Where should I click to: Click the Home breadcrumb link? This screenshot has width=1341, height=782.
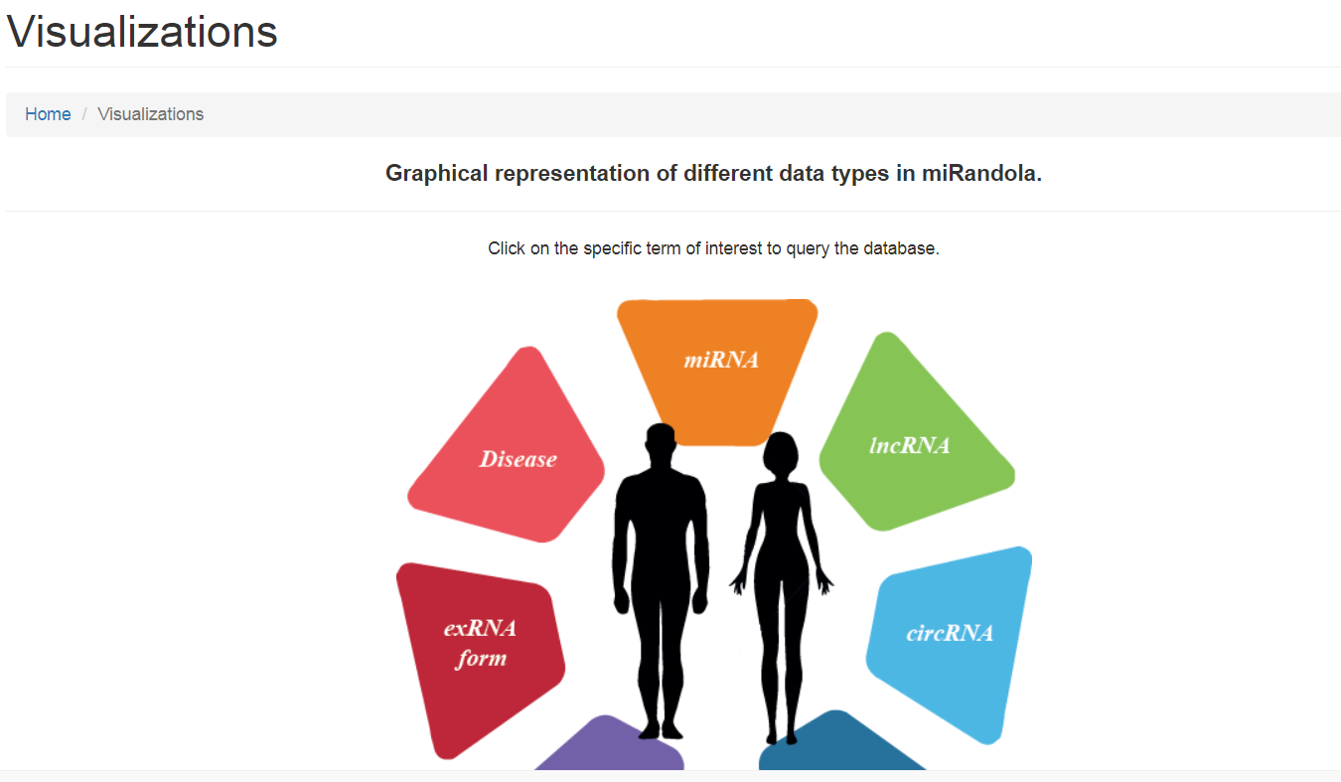(48, 113)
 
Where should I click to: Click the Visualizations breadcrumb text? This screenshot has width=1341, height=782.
(151, 113)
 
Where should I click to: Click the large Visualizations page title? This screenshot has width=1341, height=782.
(142, 31)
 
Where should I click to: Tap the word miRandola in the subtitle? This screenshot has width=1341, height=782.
(981, 173)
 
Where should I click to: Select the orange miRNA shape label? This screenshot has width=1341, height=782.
(721, 360)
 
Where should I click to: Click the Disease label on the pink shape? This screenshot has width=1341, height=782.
(518, 459)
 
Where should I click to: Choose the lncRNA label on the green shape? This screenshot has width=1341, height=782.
(909, 445)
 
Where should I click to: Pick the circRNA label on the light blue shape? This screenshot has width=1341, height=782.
(950, 633)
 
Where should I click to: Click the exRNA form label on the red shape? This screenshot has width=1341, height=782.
(480, 644)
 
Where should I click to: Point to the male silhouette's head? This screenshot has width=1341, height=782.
(661, 443)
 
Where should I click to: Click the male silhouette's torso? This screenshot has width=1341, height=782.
(661, 527)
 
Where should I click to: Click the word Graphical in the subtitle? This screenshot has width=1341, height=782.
(436, 174)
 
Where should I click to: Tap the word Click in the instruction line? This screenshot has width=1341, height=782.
(507, 247)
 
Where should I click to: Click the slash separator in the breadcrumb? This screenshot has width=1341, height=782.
(84, 113)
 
